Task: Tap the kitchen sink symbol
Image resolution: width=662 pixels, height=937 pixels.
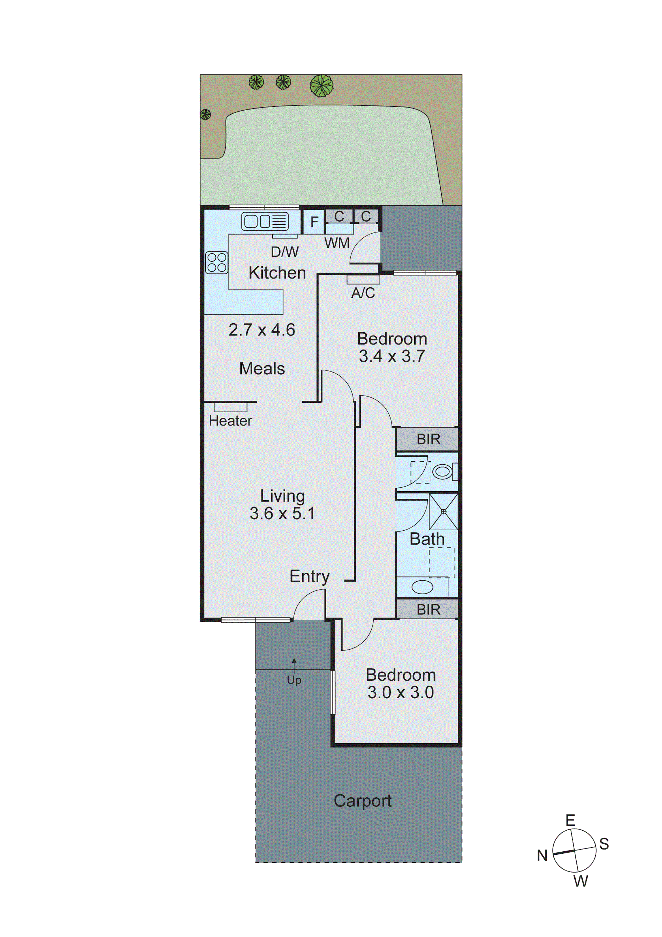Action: pos(265,221)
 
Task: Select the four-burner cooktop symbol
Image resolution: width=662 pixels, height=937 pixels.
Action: pos(217,262)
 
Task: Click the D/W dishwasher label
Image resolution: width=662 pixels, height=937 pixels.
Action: pos(285,252)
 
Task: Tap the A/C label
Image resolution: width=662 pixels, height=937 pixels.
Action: pos(363,293)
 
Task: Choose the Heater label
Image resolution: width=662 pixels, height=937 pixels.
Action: pos(230,421)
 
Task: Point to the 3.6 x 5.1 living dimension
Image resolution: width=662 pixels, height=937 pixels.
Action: pos(282,513)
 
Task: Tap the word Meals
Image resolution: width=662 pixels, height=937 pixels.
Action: pos(262,369)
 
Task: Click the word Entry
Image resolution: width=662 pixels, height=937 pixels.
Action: pos(310,576)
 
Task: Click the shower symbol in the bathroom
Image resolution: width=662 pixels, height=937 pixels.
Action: pos(443,511)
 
